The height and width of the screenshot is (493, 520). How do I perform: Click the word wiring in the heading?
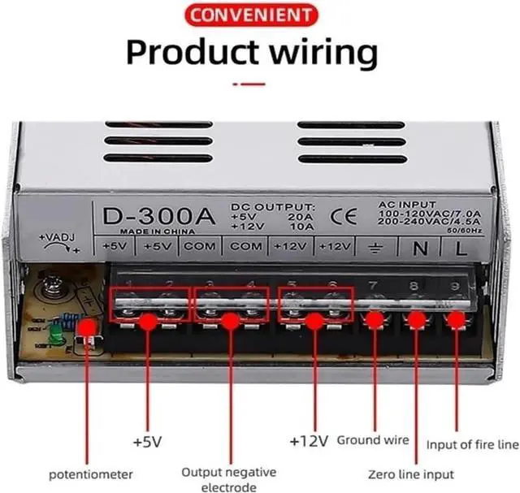click(x=322, y=52)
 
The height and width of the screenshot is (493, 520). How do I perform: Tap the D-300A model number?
click(x=158, y=217)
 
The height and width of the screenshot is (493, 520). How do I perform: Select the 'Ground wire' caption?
click(x=372, y=440)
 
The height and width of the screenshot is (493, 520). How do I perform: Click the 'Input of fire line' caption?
click(x=472, y=445)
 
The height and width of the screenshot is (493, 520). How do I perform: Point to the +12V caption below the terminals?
click(x=309, y=442)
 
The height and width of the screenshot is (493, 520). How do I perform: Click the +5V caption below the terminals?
click(x=149, y=443)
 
